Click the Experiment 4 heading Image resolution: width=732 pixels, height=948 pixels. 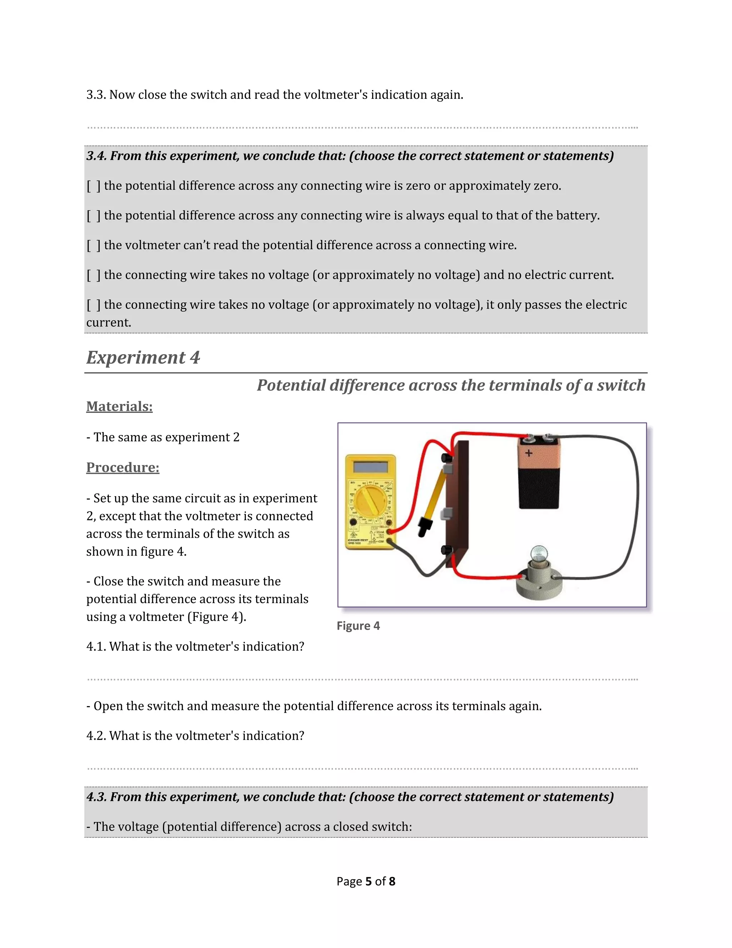[143, 358]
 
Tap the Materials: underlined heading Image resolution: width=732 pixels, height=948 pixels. [119, 406]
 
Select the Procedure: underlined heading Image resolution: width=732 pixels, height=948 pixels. [123, 467]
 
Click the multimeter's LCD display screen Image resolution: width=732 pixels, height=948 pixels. [370, 467]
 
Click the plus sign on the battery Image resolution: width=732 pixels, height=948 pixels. [529, 453]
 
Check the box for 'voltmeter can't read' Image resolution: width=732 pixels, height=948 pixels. [93, 245]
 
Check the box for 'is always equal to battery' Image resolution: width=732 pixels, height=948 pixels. [93, 216]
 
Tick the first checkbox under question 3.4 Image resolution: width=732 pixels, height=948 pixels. [93, 186]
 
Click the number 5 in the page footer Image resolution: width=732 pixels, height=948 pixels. [369, 881]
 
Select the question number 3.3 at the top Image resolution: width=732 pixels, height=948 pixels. [96, 95]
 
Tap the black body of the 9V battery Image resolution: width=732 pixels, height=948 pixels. [539, 488]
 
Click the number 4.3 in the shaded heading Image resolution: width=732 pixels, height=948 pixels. [96, 797]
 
